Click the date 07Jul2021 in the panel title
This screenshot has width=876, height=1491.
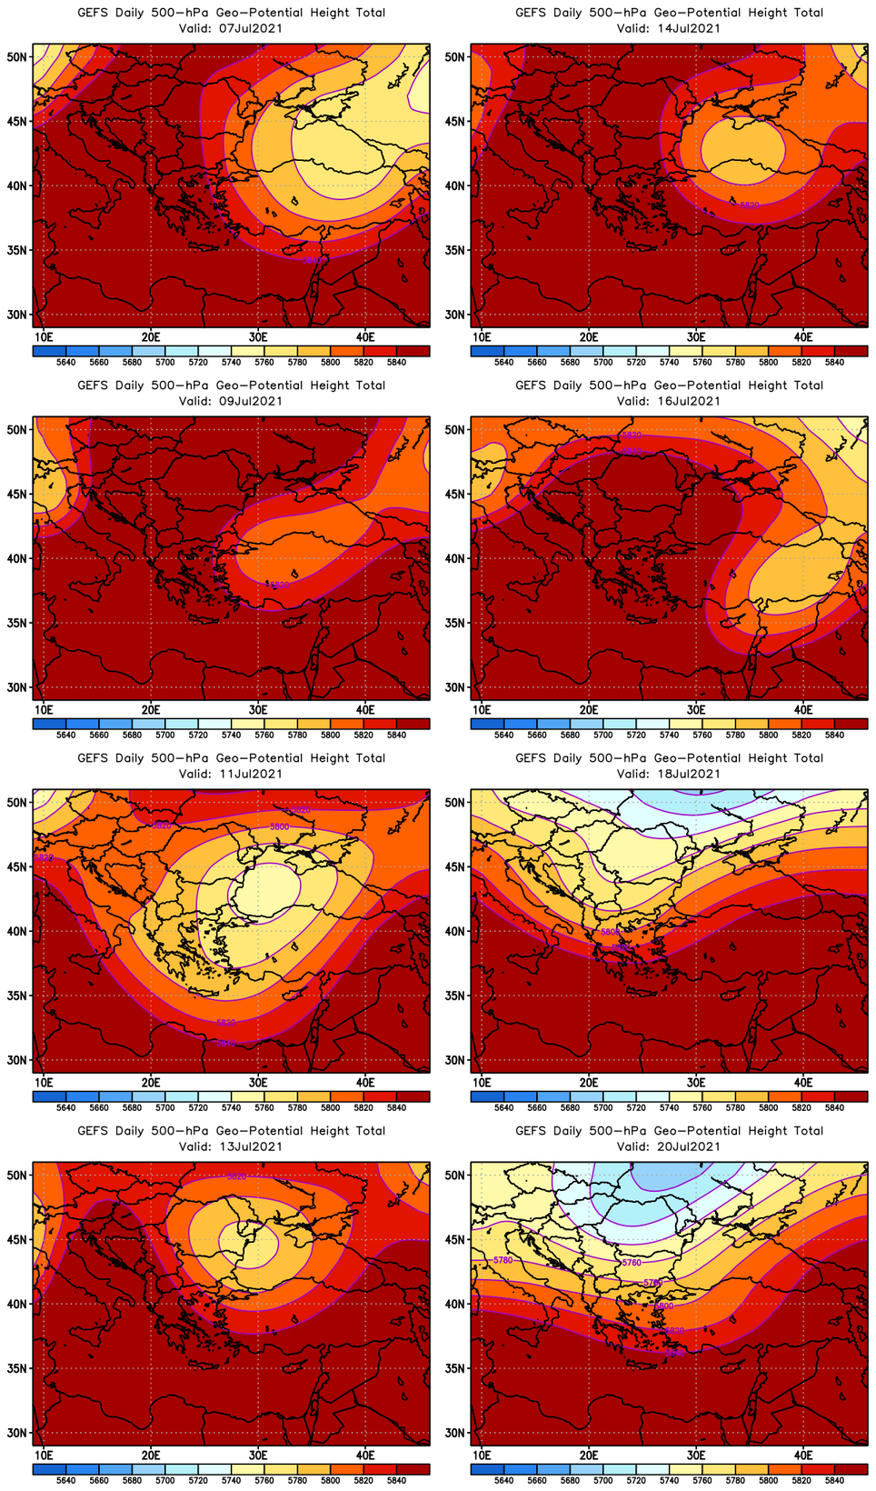(x=244, y=28)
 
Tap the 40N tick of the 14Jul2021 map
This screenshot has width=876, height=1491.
(x=455, y=185)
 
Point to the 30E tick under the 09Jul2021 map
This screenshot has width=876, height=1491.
(x=258, y=709)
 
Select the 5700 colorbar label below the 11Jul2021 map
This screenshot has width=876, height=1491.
(x=164, y=1107)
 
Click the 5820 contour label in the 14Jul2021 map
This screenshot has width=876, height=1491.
(x=750, y=205)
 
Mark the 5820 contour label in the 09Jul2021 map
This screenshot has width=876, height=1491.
(x=279, y=585)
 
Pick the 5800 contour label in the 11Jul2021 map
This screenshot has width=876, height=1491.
(x=280, y=826)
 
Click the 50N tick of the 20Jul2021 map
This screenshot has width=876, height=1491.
(x=455, y=1175)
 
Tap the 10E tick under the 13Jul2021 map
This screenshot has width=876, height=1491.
(x=43, y=1455)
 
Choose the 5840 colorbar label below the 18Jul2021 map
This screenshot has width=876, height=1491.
(x=834, y=1107)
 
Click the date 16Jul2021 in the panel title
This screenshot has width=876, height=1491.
(x=682, y=401)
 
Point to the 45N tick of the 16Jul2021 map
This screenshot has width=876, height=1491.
(x=455, y=494)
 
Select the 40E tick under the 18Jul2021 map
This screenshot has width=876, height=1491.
(x=803, y=1082)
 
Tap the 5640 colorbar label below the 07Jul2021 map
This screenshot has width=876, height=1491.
(x=65, y=362)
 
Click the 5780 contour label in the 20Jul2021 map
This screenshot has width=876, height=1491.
(x=503, y=1260)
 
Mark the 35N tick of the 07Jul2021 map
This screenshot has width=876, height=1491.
(x=17, y=250)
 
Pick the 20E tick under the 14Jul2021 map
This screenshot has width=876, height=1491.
(x=589, y=336)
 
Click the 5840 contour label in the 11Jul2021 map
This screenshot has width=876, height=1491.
(x=226, y=1043)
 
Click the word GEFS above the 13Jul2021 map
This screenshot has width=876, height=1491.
(x=93, y=1131)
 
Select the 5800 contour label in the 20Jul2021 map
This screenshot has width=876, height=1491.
(x=664, y=1306)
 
